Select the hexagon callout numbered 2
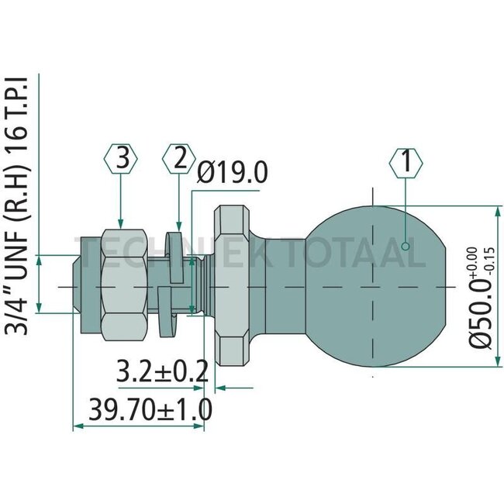(x=179, y=161)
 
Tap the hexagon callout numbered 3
(x=120, y=161)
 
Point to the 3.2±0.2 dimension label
(x=162, y=371)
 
